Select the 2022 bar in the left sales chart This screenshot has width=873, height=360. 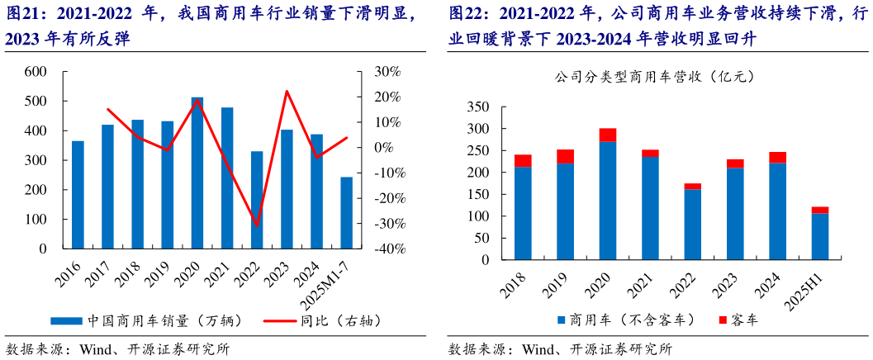pyautogui.click(x=257, y=200)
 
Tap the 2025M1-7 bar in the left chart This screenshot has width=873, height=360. pyautogui.click(x=346, y=212)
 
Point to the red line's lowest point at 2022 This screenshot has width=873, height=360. pyautogui.click(x=257, y=225)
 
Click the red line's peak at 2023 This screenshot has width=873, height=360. pyautogui.click(x=287, y=91)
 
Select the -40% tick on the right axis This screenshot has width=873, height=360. pyautogui.click(x=384, y=249)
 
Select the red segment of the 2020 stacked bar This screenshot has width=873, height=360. pyautogui.click(x=608, y=135)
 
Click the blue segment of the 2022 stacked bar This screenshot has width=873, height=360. pyautogui.click(x=692, y=225)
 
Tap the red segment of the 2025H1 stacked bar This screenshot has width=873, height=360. pyautogui.click(x=819, y=210)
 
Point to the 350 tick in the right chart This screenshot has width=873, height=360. pyautogui.click(x=478, y=107)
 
